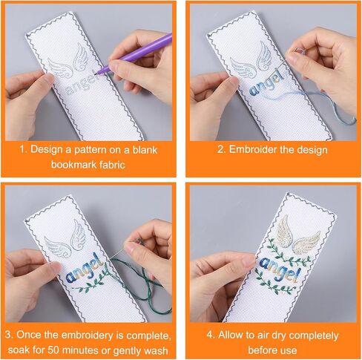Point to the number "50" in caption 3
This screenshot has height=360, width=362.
point(53,350)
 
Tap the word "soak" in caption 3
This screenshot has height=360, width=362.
point(18,350)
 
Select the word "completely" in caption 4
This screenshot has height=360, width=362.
point(313,336)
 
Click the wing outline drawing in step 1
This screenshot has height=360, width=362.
point(68,62)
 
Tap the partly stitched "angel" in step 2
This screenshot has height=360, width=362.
point(266,84)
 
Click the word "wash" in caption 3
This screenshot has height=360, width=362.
point(156,350)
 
